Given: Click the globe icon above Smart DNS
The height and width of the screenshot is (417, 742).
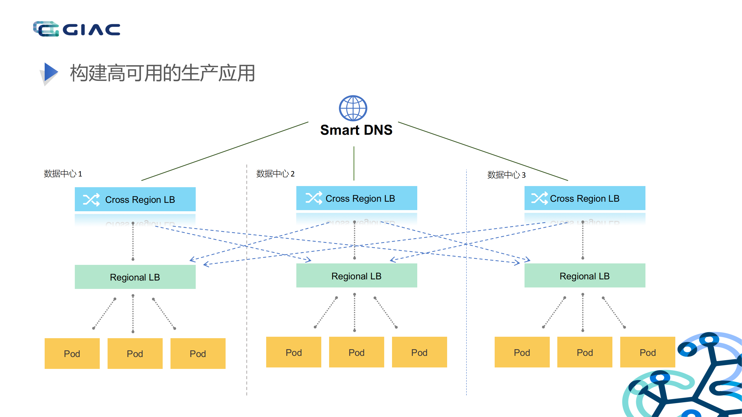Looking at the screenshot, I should click(353, 108).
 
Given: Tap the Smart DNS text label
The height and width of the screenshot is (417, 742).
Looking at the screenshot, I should click(356, 130).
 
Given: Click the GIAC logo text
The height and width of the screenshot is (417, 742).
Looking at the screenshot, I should click(91, 30).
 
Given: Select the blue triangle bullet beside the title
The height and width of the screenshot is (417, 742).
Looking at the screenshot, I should click(50, 72).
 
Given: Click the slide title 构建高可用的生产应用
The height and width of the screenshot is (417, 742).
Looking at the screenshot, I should click(162, 73).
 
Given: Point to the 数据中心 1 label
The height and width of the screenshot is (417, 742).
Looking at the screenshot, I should click(63, 174).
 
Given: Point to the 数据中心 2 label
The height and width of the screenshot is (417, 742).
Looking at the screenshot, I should click(275, 174).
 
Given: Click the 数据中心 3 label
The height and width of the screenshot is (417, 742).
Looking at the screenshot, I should click(506, 175).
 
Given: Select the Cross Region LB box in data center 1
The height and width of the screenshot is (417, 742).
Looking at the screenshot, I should click(135, 199).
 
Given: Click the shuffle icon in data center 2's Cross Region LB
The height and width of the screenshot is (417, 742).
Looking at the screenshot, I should click(314, 198).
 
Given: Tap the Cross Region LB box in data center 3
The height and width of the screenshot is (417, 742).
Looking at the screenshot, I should click(585, 198).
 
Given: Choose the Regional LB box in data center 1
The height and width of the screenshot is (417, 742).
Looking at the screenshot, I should click(135, 277).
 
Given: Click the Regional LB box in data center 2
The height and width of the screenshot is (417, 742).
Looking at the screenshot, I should click(356, 276).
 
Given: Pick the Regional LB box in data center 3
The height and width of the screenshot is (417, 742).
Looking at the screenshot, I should click(585, 276).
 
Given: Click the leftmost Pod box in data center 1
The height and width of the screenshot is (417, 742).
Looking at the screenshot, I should click(72, 353).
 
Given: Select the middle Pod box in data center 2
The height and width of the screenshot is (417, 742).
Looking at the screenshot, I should click(356, 352).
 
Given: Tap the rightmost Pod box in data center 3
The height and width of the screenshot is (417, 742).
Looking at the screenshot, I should click(647, 352).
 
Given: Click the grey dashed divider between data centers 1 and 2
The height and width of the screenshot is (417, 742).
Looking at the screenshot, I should click(247, 319).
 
